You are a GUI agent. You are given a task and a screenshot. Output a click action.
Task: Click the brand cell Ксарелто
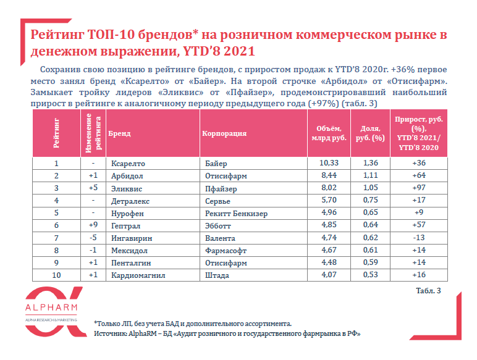coord(128,164)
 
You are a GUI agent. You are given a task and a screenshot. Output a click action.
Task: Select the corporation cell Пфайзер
coord(221,189)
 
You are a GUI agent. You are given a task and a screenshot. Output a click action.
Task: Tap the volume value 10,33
coord(329,163)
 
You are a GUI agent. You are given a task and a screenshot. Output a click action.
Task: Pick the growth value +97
coord(419,188)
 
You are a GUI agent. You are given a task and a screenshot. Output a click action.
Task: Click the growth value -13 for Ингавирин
coord(419,238)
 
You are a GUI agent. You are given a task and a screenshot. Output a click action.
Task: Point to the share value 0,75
coord(371,200)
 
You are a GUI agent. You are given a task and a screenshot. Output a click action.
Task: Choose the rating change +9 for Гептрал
coord(93,225)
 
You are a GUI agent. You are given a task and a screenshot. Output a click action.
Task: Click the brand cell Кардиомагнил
coord(138,275)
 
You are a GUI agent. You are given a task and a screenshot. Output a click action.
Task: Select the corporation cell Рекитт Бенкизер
coord(237,214)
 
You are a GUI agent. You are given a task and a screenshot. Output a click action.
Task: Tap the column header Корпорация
coord(224,133)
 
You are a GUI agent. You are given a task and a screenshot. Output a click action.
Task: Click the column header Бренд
coord(119,133)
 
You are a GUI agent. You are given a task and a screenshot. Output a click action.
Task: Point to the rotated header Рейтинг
coord(56,133)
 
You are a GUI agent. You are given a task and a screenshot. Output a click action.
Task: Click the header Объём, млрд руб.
coord(329,133)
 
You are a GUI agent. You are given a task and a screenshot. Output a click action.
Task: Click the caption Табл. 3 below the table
coord(428,291)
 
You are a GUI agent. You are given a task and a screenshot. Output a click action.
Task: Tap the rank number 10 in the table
coord(56,275)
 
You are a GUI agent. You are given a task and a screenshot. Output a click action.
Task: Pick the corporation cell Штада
coord(217,275)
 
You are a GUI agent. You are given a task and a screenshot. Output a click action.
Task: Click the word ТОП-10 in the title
coord(111,35)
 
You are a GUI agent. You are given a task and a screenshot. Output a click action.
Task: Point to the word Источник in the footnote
coord(110,333)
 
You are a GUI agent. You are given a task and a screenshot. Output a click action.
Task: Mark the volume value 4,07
coord(329,275)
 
